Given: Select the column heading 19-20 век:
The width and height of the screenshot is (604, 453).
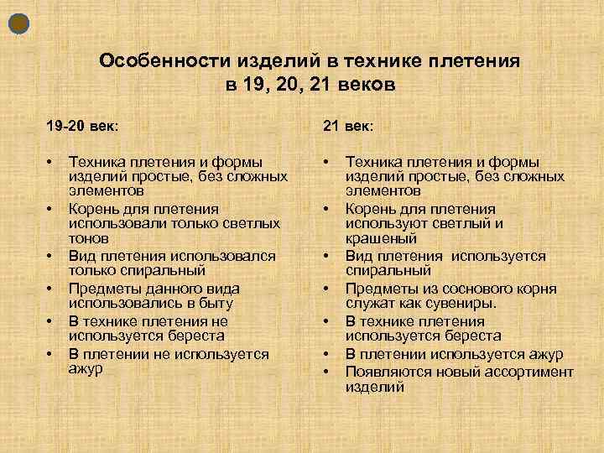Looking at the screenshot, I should coord(82,125).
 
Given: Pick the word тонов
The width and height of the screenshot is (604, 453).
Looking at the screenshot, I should coord(88,238).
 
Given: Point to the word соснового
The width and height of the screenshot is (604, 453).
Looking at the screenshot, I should coord(474,288).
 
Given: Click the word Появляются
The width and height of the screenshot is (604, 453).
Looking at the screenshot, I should coord(387,372).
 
